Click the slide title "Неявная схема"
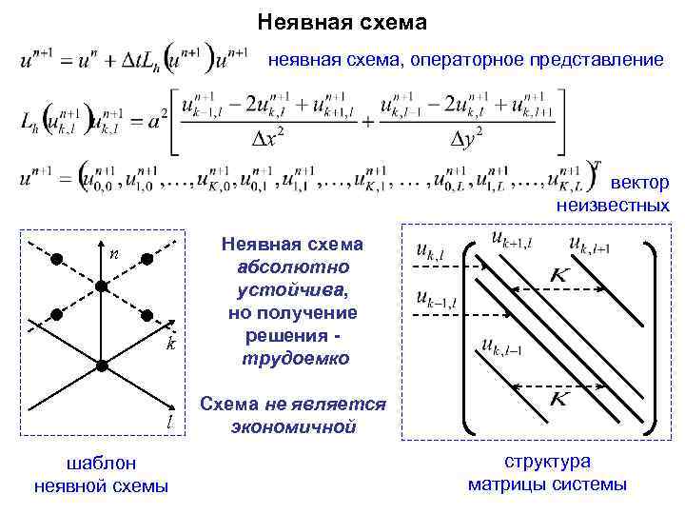(342, 21)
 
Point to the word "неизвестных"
(614, 206)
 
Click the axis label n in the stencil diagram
(113, 253)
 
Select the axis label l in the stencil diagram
(169, 419)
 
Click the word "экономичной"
(294, 426)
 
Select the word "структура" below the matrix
(547, 462)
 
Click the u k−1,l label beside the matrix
(436, 300)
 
